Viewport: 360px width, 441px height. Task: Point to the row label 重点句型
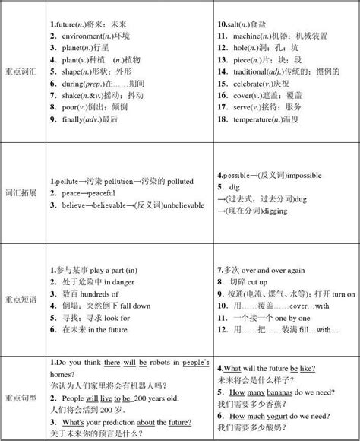point(21,396)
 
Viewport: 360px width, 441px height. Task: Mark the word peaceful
point(110,193)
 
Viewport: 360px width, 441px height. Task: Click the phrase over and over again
point(274,270)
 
